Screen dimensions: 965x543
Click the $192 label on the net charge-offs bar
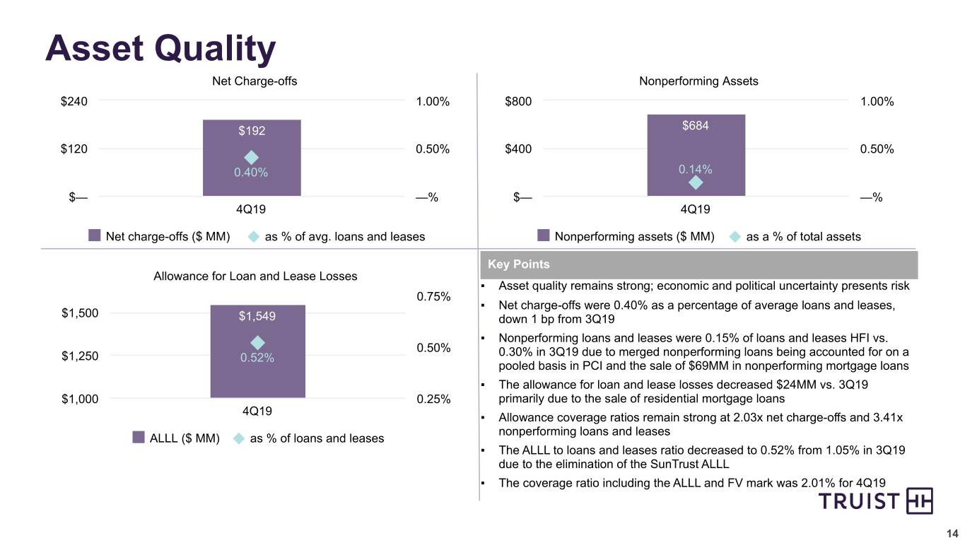click(252, 131)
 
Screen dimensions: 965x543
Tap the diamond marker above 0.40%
click(251, 158)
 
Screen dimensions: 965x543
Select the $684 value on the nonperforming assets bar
click(696, 125)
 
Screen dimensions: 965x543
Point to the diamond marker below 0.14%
click(696, 182)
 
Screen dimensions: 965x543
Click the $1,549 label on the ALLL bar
click(257, 316)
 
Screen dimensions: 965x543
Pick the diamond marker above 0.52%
click(257, 343)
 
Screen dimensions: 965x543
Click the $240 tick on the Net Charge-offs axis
click(74, 101)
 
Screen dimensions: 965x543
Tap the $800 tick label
click(518, 101)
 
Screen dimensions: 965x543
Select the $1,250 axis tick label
click(80, 356)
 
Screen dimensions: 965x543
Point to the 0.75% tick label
click(433, 296)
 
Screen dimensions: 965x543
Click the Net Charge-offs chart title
click(255, 81)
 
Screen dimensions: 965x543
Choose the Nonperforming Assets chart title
click(698, 81)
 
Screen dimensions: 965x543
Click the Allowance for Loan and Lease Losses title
click(255, 276)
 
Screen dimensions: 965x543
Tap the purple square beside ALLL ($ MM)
click(139, 437)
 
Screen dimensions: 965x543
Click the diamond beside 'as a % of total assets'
click(735, 237)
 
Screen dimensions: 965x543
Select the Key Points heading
click(518, 264)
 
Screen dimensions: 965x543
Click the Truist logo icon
click(919, 501)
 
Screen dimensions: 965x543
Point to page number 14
click(952, 534)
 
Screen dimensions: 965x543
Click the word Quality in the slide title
click(215, 49)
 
